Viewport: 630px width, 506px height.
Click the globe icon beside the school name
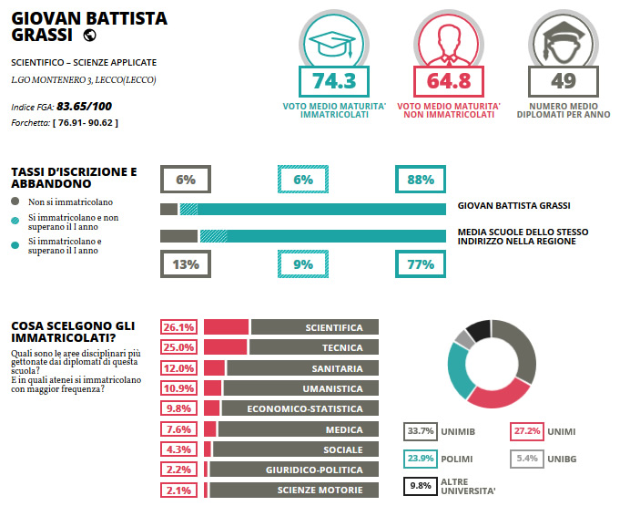pyautogui.click(x=89, y=36)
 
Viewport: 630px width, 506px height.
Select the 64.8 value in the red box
pyautogui.click(x=449, y=81)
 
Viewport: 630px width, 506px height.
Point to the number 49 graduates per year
pyautogui.click(x=564, y=81)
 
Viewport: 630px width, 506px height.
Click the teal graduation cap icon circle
pyautogui.click(x=332, y=41)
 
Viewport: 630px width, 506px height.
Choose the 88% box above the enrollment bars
pyautogui.click(x=421, y=180)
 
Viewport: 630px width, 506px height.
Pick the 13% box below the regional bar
pyautogui.click(x=186, y=265)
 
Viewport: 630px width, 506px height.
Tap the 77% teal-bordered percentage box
pyautogui.click(x=421, y=265)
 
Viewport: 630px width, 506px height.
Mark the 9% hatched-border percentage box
pyautogui.click(x=303, y=265)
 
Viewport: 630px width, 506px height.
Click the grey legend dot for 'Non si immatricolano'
pyautogui.click(x=15, y=201)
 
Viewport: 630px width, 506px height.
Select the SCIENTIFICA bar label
pyautogui.click(x=333, y=327)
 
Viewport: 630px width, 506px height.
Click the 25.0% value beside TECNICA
pyautogui.click(x=178, y=347)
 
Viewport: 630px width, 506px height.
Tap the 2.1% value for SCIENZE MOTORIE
pyautogui.click(x=178, y=491)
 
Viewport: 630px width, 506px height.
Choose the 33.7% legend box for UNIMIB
pyautogui.click(x=420, y=431)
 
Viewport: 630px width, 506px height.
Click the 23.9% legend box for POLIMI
pyautogui.click(x=420, y=460)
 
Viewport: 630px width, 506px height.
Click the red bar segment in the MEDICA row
pyautogui.click(x=209, y=429)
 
